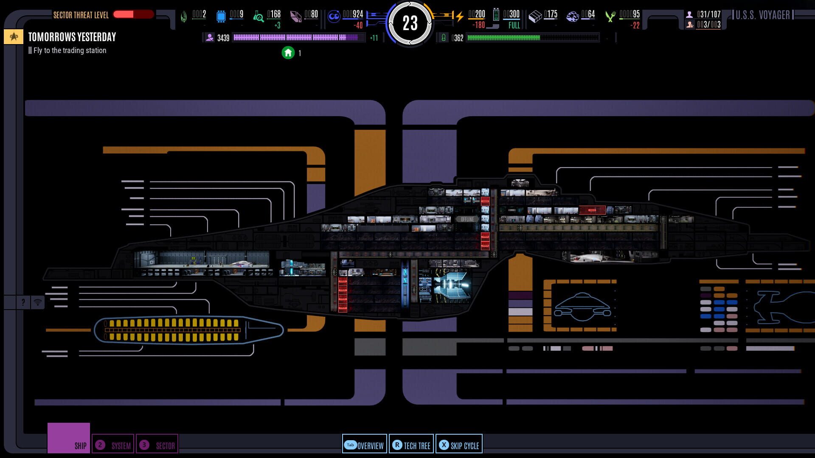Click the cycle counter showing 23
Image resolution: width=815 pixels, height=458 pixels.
point(410,23)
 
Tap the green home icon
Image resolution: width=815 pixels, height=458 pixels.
point(288,53)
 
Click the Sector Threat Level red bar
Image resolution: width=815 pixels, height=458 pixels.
point(133,14)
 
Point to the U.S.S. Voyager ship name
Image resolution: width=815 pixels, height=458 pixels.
point(762,15)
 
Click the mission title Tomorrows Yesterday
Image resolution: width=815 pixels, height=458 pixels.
point(72,37)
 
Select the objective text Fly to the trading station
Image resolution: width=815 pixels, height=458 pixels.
point(70,50)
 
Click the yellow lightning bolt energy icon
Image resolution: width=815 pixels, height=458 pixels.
point(459,17)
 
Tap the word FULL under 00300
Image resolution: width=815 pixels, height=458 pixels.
point(514,25)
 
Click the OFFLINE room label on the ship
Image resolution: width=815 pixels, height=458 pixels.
point(467,219)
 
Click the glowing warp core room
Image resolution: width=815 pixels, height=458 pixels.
point(451,285)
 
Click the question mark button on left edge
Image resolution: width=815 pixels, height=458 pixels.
point(23,302)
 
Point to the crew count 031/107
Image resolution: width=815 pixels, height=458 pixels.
point(708,14)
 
